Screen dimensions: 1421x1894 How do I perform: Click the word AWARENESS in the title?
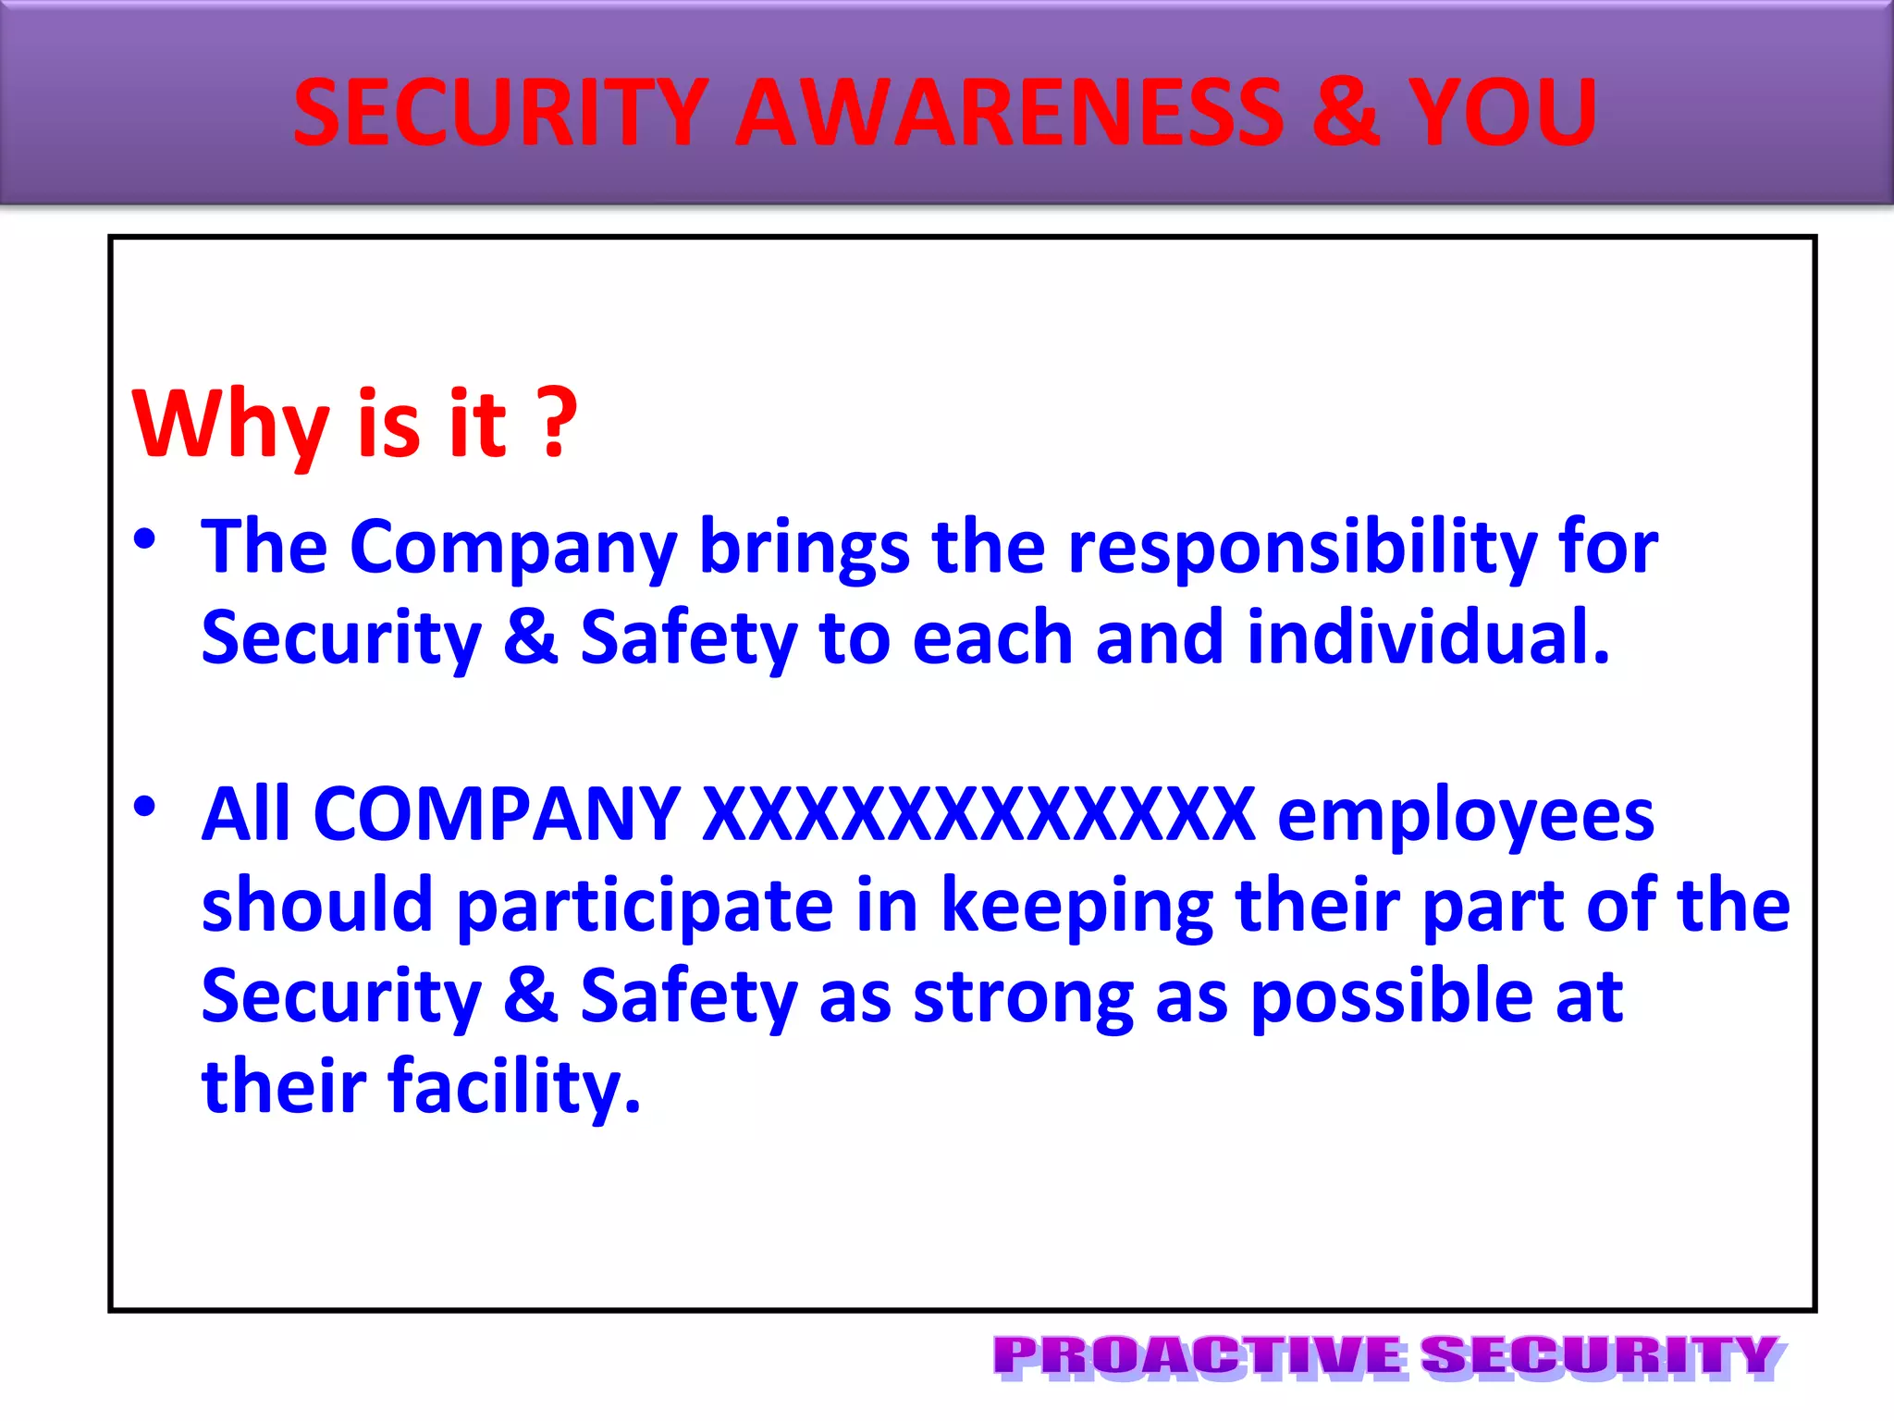pos(1008,113)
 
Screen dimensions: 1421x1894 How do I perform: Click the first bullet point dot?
pos(144,539)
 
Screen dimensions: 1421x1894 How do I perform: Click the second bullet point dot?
pos(144,807)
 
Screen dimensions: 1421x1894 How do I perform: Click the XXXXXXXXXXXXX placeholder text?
pos(978,814)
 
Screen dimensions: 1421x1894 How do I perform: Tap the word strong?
pos(1023,997)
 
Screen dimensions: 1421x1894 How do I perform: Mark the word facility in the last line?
pos(513,1087)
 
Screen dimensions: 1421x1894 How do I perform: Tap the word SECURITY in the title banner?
pos(500,113)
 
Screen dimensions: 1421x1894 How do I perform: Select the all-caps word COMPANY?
pos(497,814)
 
